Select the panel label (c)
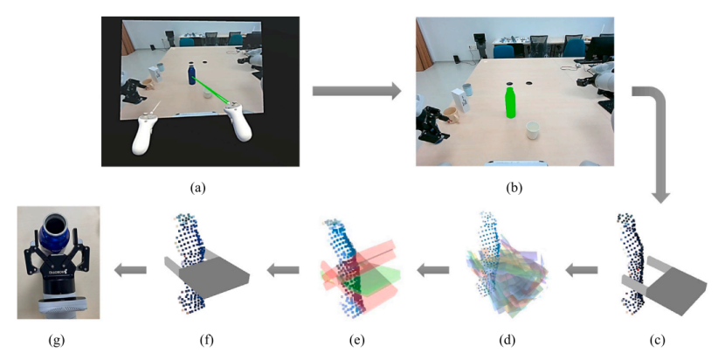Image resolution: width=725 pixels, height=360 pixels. (657, 342)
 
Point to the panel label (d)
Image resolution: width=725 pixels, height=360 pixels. (507, 342)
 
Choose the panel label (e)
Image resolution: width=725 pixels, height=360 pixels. (357, 342)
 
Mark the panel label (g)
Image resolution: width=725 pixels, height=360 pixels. (58, 342)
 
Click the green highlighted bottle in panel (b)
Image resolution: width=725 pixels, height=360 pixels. (510, 101)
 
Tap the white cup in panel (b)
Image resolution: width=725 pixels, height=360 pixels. (534, 130)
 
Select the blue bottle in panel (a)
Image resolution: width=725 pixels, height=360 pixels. (191, 74)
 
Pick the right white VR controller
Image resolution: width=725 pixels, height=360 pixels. (238, 121)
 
